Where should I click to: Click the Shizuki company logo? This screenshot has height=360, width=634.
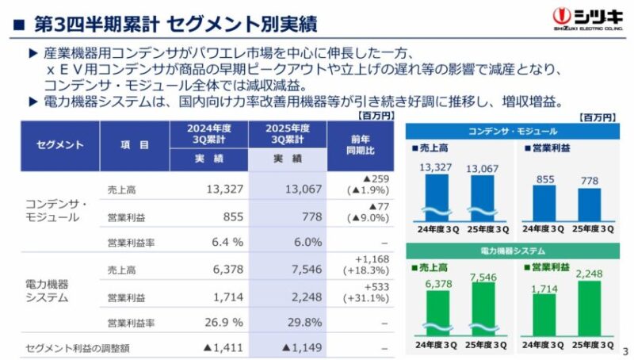point(588,19)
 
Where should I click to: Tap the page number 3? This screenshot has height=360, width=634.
point(626,350)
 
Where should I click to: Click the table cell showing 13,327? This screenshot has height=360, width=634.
point(225,189)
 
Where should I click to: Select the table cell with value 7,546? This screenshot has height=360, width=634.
point(307,269)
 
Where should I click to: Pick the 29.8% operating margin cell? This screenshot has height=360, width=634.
point(305,323)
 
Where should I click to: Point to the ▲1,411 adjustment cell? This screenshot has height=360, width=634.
point(223,347)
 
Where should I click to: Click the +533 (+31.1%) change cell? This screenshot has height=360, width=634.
point(366,293)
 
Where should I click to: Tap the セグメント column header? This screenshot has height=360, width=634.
point(60,145)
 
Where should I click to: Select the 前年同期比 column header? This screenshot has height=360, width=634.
point(361,145)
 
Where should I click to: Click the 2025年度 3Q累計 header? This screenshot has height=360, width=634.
point(288,134)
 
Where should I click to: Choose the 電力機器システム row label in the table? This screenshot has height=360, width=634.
point(47,291)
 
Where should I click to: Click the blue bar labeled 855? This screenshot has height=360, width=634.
point(544,204)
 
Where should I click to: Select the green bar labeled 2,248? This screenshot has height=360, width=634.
point(589,308)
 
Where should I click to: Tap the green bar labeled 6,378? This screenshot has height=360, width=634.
point(438,313)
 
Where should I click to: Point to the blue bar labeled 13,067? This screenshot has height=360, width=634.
point(483,198)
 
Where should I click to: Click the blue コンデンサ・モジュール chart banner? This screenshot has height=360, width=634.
point(512,132)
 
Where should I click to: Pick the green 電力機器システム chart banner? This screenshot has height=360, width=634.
point(512,251)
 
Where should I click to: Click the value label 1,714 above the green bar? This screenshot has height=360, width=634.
point(544,289)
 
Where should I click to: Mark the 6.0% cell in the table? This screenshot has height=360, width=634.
point(308,242)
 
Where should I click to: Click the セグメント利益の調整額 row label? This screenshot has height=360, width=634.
point(78,348)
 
